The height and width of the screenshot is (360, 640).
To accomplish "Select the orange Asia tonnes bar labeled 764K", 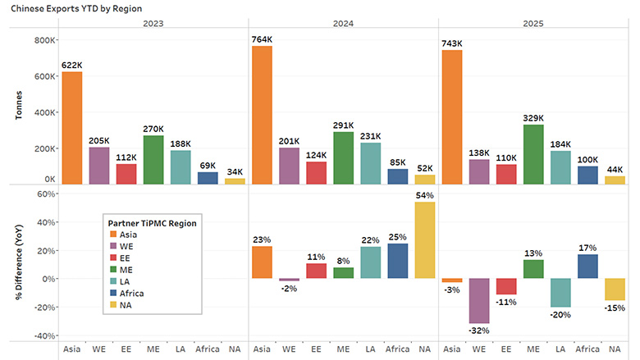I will tap(262, 115).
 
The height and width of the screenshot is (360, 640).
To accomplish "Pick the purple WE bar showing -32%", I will tap(481, 300).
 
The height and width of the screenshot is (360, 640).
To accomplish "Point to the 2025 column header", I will tap(535, 24).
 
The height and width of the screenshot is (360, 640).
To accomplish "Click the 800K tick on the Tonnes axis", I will tap(43, 39).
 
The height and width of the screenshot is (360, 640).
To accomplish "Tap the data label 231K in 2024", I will tap(369, 136).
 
